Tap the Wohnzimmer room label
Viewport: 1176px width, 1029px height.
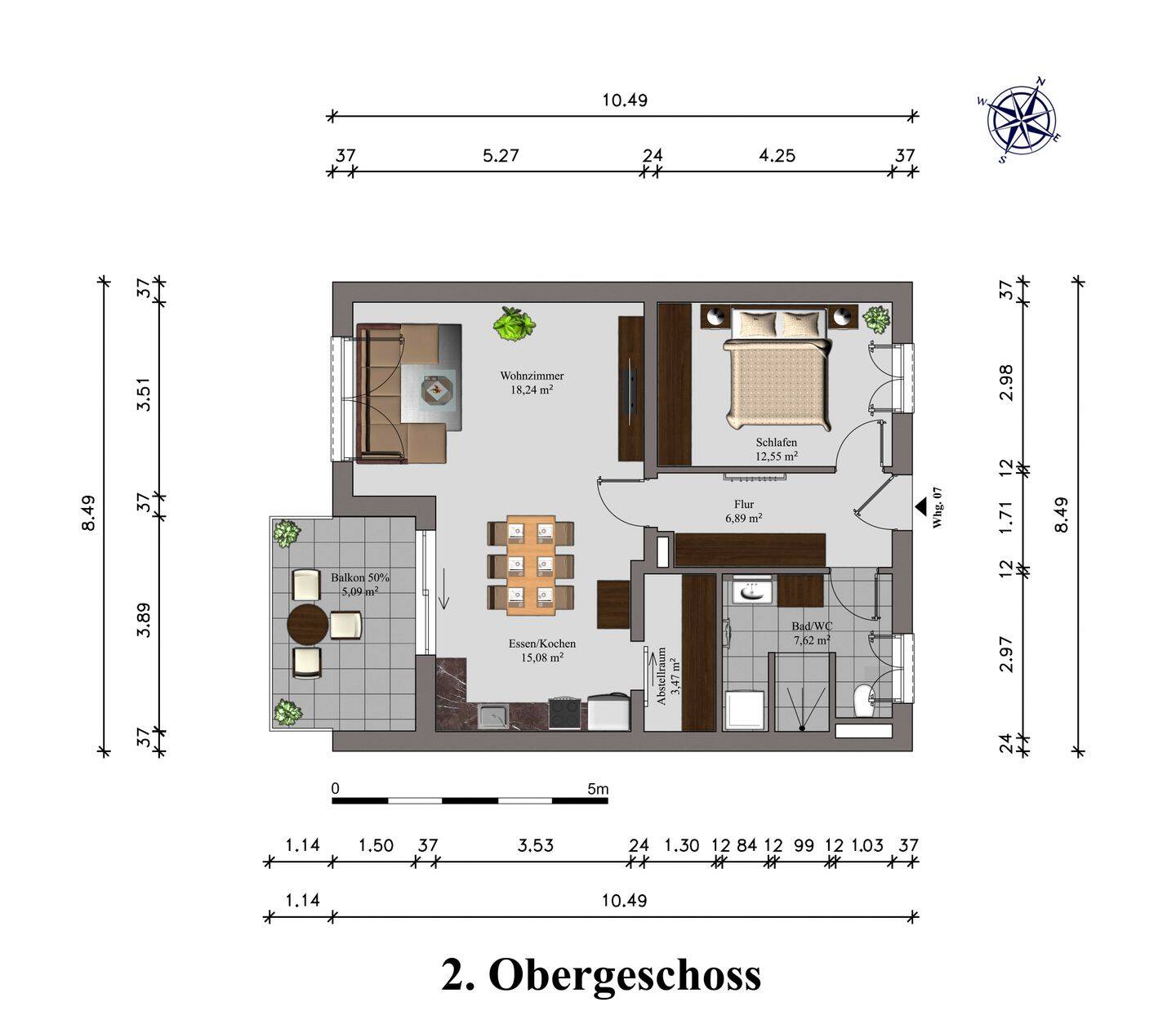532,376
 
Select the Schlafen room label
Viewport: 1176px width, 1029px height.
776,443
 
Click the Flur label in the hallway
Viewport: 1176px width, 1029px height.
744,504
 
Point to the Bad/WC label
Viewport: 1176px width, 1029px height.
812,626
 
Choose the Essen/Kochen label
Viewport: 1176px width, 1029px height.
541,644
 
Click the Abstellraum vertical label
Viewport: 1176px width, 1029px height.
661,677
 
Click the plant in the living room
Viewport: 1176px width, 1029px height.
514,323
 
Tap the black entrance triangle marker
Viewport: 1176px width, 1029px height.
921,506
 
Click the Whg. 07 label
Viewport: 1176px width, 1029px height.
938,508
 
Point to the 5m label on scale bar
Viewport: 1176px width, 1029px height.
598,789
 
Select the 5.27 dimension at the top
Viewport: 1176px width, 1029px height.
501,156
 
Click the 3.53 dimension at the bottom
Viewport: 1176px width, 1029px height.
535,845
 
